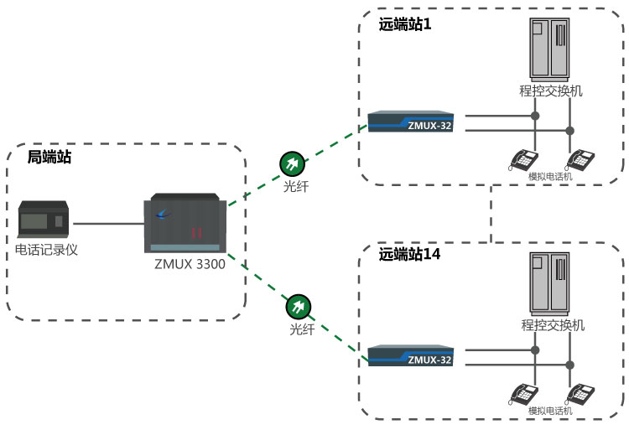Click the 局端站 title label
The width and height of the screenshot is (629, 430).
click(49, 157)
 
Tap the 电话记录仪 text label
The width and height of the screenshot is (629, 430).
click(46, 250)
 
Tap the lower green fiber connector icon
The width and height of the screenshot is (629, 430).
click(298, 306)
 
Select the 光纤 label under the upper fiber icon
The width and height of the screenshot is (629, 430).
click(296, 186)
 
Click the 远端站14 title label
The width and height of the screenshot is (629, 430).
click(409, 252)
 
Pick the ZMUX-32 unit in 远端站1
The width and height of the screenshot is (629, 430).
click(415, 122)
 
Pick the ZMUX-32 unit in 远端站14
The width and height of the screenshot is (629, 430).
click(415, 355)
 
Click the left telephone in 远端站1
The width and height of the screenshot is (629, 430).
click(525, 159)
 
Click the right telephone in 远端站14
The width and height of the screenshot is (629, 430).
click(582, 392)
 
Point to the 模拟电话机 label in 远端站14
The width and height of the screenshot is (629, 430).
click(550, 411)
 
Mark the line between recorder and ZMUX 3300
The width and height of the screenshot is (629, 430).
click(108, 224)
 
